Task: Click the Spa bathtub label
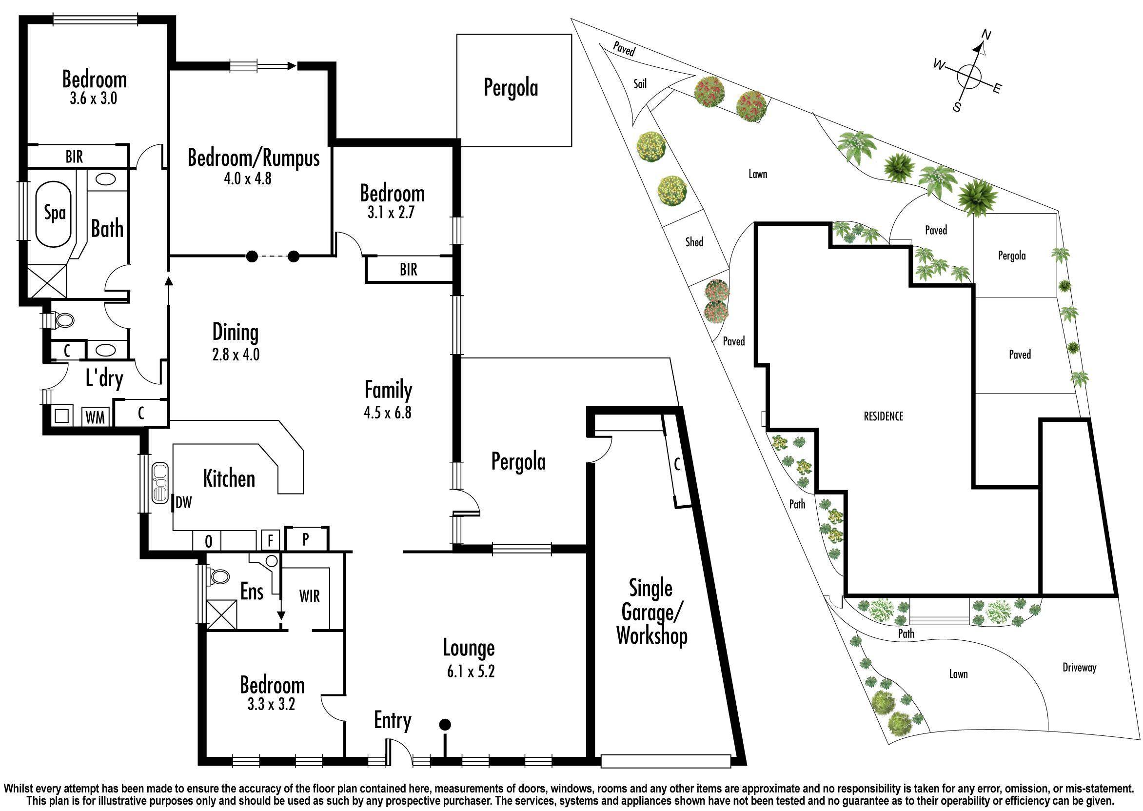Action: pyautogui.click(x=55, y=213)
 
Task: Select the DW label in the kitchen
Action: pyautogui.click(x=184, y=502)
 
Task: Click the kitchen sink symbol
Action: pyautogui.click(x=160, y=483)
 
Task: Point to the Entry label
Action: pyautogui.click(x=393, y=721)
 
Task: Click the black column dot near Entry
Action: pyautogui.click(x=445, y=724)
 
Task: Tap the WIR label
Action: pyautogui.click(x=310, y=596)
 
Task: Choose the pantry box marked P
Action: pyautogui.click(x=306, y=539)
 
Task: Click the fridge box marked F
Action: pyautogui.click(x=271, y=540)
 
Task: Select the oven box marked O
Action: pyautogui.click(x=208, y=541)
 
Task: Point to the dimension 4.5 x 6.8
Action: pyautogui.click(x=388, y=413)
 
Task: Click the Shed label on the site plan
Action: pyautogui.click(x=694, y=242)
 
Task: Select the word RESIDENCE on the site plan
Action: pyautogui.click(x=884, y=416)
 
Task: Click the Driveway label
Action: pyautogui.click(x=1079, y=667)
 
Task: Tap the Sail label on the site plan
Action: pyautogui.click(x=640, y=83)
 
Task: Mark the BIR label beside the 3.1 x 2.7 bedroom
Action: pyautogui.click(x=408, y=270)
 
